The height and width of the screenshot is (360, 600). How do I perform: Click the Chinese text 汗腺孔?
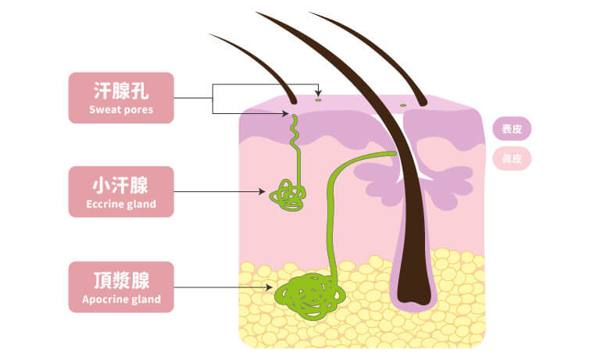pyautogui.click(x=121, y=90)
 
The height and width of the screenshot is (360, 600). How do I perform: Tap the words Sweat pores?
pyautogui.click(x=121, y=110)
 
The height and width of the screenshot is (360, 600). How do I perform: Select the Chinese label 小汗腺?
pyautogui.click(x=121, y=185)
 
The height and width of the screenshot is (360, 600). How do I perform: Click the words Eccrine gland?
pyautogui.click(x=121, y=205)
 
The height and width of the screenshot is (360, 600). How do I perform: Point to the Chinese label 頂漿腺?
pyautogui.click(x=121, y=280)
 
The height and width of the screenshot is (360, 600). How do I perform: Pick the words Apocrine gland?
pyautogui.click(x=121, y=299)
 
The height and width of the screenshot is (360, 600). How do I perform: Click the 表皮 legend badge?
pyautogui.click(x=512, y=129)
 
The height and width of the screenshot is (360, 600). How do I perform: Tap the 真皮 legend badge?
pyautogui.click(x=512, y=159)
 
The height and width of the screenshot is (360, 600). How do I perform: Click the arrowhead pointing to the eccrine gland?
pyautogui.click(x=263, y=191)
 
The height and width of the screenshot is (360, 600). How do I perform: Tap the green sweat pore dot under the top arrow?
pyautogui.click(x=318, y=99)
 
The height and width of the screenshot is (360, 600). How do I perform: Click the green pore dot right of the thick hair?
pyautogui.click(x=403, y=105)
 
